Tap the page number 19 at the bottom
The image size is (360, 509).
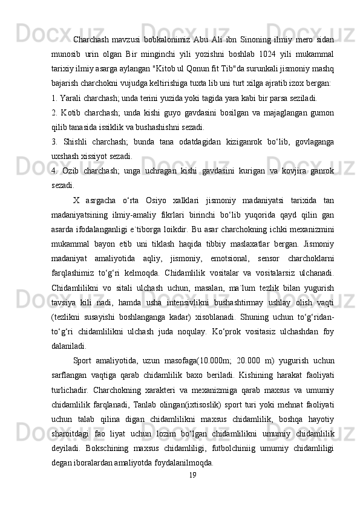pos(192,475)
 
